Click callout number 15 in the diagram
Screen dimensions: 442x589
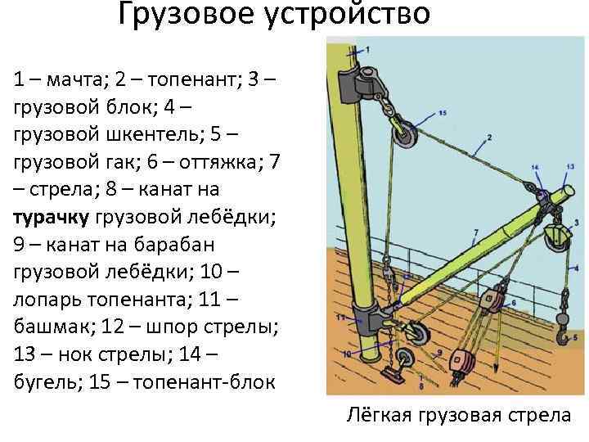pyautogui.click(x=443, y=112)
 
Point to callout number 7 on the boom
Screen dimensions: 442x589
pyautogui.click(x=475, y=232)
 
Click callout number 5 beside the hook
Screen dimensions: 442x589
pyautogui.click(x=574, y=336)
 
